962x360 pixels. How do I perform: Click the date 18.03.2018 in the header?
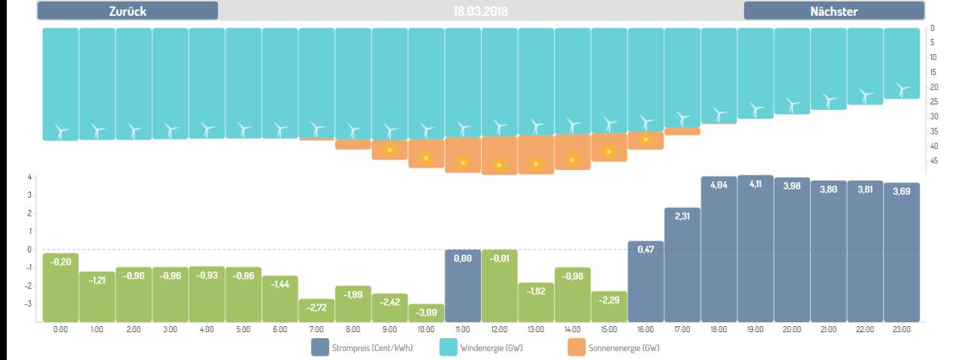[x=480, y=11]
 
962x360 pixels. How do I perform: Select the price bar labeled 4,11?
[x=755, y=248]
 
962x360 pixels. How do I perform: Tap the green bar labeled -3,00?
[x=426, y=313]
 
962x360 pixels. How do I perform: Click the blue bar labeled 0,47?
[x=646, y=281]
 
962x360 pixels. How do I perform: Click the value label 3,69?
[x=901, y=192]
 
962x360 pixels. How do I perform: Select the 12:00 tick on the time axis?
[x=499, y=329]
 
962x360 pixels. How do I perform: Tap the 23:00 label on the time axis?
[x=901, y=329]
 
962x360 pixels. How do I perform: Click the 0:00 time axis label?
[x=60, y=329]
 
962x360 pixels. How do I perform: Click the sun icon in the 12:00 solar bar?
[x=499, y=165]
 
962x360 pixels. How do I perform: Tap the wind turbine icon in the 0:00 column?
[x=60, y=131]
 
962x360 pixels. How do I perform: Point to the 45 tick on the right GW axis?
[x=933, y=160]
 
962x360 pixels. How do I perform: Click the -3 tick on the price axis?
[x=31, y=304]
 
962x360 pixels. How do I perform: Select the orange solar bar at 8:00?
[x=353, y=144]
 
